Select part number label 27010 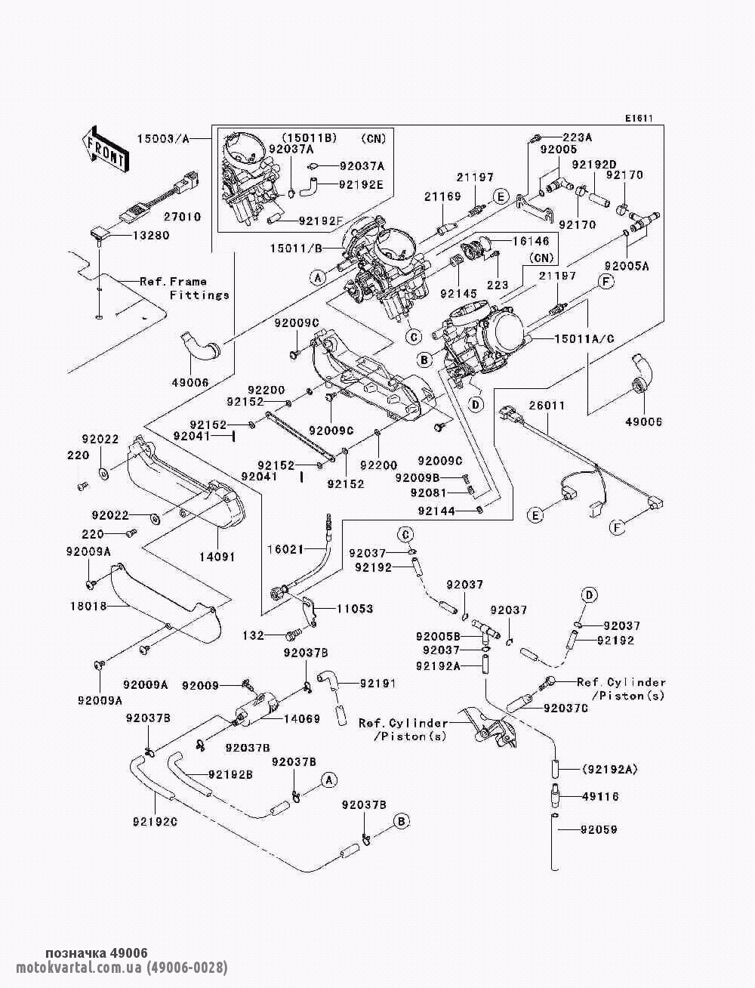point(185,217)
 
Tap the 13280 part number point(152,236)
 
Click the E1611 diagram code point(638,119)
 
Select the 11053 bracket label point(355,609)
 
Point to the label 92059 point(599,829)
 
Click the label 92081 point(428,492)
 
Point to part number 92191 point(378,684)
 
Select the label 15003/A point(164,138)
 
